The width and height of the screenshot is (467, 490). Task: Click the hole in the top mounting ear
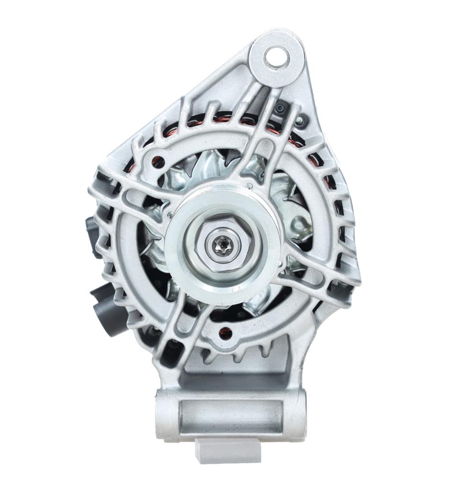[277, 57]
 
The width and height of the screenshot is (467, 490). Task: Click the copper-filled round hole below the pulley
[226, 331]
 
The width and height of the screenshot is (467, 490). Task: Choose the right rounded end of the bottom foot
[297, 414]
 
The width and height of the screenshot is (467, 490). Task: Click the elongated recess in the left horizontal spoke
[136, 196]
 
